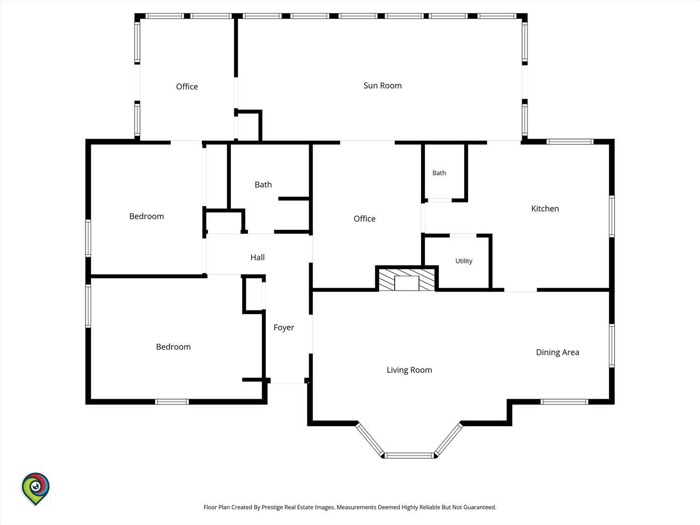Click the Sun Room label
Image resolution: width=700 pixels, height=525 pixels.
pyautogui.click(x=383, y=86)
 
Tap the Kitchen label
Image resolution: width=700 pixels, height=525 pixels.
pyautogui.click(x=545, y=209)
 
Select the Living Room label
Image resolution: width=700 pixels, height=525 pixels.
pyautogui.click(x=409, y=370)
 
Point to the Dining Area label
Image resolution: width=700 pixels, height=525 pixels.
pyautogui.click(x=558, y=352)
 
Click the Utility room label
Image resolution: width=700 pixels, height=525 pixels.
pyautogui.click(x=464, y=261)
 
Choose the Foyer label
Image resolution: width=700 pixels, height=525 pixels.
pyautogui.click(x=284, y=328)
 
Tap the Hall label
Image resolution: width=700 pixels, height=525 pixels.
pyautogui.click(x=257, y=258)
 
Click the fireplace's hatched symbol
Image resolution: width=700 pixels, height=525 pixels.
pyautogui.click(x=406, y=280)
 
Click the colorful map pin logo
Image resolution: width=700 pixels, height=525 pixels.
pyautogui.click(x=35, y=489)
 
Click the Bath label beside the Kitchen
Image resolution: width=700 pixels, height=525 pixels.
pyautogui.click(x=439, y=173)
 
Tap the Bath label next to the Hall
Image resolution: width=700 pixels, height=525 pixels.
pyautogui.click(x=263, y=185)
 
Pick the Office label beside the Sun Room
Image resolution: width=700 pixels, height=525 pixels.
pyautogui.click(x=187, y=87)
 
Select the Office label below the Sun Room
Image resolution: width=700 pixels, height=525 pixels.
pyautogui.click(x=365, y=219)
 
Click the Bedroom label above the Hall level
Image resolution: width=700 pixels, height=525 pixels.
pyautogui.click(x=146, y=216)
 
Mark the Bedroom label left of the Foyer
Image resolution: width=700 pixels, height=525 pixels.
pyautogui.click(x=173, y=347)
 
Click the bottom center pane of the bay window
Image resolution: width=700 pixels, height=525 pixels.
pyautogui.click(x=409, y=455)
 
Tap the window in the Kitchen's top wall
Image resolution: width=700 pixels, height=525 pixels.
pyautogui.click(x=570, y=141)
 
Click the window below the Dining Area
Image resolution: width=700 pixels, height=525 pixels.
pyautogui.click(x=564, y=402)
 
